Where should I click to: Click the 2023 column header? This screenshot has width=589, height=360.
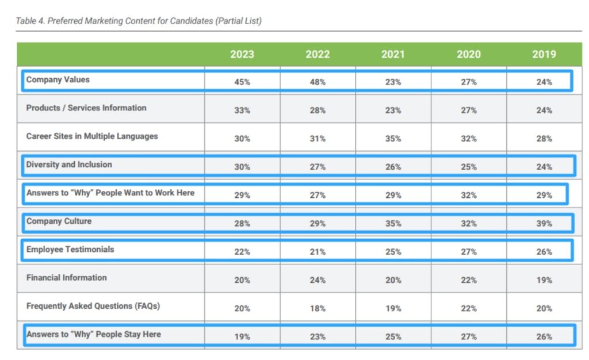242,54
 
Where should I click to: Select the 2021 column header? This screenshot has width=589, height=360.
393,54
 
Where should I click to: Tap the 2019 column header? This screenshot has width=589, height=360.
544,54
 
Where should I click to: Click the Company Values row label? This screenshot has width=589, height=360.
58,80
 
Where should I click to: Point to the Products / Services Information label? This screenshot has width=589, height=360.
86,108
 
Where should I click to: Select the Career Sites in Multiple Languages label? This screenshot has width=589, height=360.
92,136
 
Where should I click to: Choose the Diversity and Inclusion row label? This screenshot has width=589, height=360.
69,164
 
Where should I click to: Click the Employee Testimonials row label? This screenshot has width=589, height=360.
70,250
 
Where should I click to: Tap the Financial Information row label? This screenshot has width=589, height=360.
67,278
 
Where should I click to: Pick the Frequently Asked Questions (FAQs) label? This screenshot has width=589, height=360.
93,306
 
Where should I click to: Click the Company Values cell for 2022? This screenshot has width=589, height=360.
318,82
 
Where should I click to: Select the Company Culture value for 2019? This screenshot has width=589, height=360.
544,224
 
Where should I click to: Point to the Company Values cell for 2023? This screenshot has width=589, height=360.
242,82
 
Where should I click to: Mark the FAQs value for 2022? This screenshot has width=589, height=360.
318,309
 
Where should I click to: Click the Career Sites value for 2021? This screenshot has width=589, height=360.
393,139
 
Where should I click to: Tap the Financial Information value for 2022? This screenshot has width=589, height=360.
318,281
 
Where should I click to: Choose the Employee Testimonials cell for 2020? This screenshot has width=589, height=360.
468,252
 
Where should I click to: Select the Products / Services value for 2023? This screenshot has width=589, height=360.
242,110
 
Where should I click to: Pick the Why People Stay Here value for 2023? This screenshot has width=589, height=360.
242,337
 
